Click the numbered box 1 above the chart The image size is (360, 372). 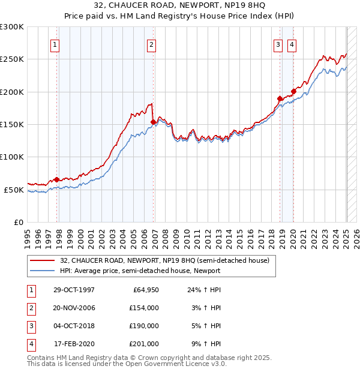coord(55,44)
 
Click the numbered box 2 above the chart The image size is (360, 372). coord(151,44)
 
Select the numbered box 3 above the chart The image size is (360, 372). coord(278,44)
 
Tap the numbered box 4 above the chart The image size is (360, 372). coord(292,44)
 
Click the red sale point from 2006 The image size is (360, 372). coord(153,122)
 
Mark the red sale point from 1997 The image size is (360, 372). coord(57,179)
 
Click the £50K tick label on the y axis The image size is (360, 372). coord(14,190)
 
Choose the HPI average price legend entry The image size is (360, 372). coord(140,271)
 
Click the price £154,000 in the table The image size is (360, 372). coord(144,308)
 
